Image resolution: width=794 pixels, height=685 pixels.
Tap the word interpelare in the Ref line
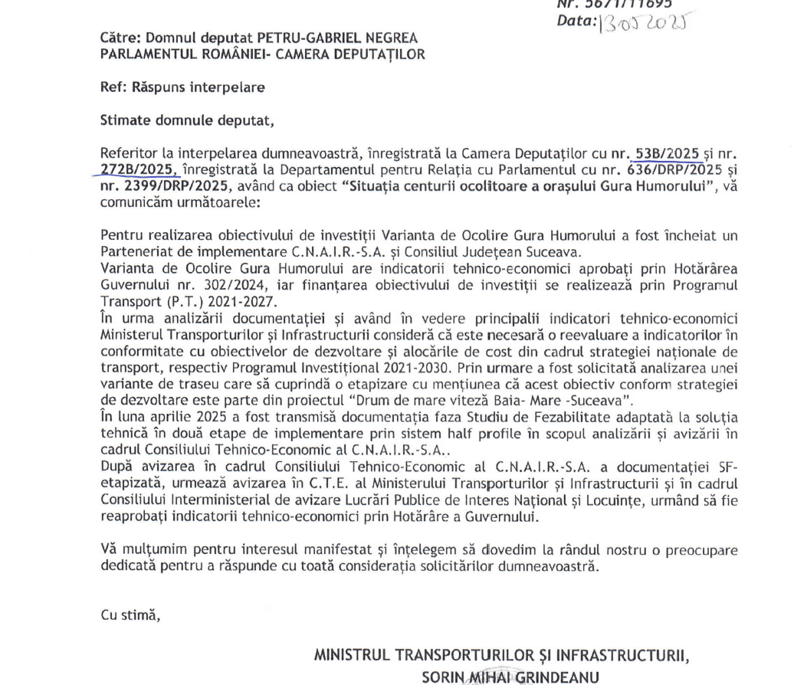pyautogui.click(x=228, y=87)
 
